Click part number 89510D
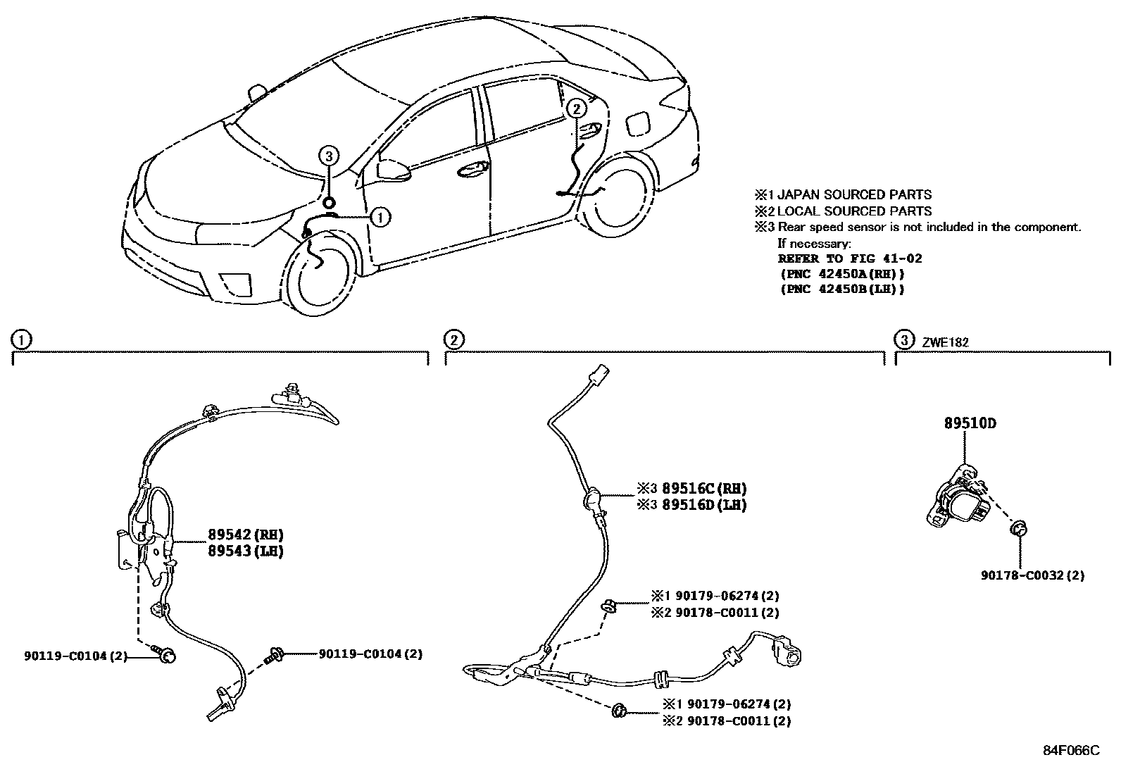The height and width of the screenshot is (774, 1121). pos(970,424)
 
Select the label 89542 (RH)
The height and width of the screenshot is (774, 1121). pos(245,535)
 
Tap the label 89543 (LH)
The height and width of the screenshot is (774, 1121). pos(245,551)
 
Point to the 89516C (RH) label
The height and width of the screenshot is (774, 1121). pos(703,489)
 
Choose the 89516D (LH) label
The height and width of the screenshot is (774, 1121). pos(703,505)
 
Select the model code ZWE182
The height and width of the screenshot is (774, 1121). pos(945,342)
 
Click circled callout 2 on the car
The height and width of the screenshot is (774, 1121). pos(575,108)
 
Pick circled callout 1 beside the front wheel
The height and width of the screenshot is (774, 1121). pos(380,217)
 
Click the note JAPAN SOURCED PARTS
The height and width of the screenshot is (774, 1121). pos(853,194)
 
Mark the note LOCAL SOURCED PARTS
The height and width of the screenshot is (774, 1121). pos(853,211)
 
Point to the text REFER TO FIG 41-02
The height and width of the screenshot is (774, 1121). pos(849,258)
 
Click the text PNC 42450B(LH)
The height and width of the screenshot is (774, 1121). pos(841,289)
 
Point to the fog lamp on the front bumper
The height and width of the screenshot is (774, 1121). pos(234,281)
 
